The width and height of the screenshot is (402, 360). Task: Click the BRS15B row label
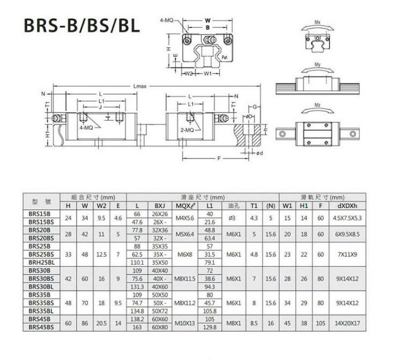click(39, 214)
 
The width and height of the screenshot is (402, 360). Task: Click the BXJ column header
click(160, 205)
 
